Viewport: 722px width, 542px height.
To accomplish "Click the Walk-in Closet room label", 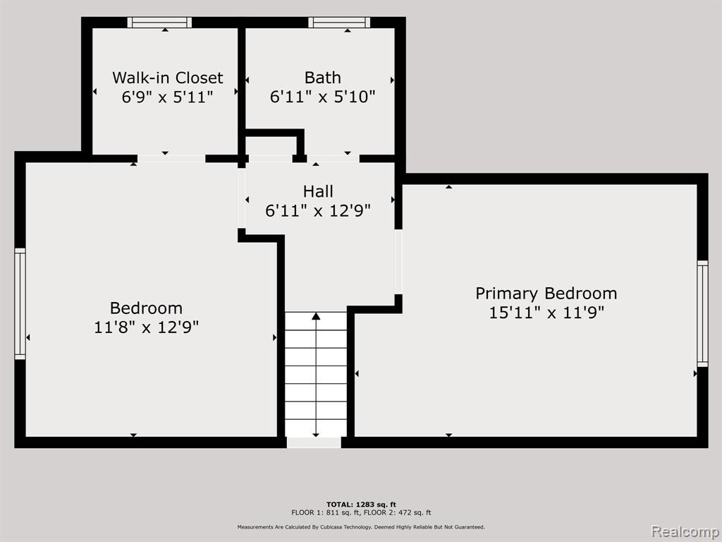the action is point(168,78).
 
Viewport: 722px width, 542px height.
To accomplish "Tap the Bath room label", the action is point(323,78).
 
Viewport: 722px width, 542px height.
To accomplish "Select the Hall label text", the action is point(318,191).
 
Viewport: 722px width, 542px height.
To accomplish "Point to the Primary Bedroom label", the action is point(546,294).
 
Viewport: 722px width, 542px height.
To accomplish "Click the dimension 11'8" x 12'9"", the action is point(147,327).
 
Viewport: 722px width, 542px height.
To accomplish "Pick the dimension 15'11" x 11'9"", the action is point(546,313).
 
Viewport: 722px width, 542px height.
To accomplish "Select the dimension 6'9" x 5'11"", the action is point(168,97).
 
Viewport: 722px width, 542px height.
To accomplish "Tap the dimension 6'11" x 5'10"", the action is point(323,97).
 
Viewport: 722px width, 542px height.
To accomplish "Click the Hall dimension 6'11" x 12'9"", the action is point(318,210).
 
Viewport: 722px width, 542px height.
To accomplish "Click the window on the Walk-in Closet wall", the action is point(159,22).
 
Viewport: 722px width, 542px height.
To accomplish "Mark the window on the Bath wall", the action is point(339,22).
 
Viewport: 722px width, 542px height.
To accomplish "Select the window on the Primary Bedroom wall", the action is point(702,313).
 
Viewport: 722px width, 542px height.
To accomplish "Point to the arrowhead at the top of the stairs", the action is point(316,315).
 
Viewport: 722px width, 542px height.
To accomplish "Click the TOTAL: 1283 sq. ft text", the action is point(361,505).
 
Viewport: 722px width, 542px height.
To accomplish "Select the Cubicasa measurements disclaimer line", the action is point(361,526).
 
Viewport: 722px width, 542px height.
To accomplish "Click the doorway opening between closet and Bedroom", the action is point(171,159).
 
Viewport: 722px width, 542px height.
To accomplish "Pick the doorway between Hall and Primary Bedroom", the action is point(398,261).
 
